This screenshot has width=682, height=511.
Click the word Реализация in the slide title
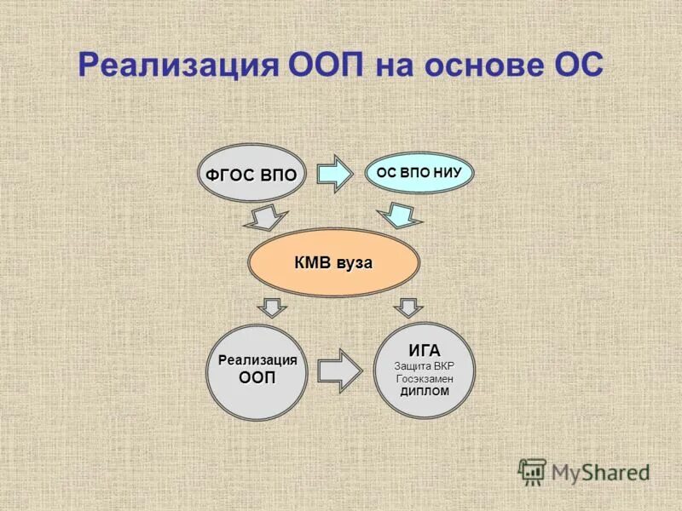coord(175,66)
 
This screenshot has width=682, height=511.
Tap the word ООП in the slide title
coord(321,66)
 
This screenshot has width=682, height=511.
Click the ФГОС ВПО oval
coord(251,175)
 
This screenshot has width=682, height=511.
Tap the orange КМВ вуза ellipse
coord(333,263)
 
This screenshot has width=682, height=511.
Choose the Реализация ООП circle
coord(257,371)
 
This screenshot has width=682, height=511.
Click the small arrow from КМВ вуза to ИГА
coord(408,306)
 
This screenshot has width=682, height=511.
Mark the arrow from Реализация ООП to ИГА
coord(340,370)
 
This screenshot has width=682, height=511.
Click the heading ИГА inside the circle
coord(424,351)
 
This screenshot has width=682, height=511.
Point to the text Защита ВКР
coord(424,365)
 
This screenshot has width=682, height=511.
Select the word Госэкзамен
coord(424,378)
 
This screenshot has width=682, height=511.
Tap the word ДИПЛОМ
coord(424,391)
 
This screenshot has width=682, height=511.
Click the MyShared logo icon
coord(533,472)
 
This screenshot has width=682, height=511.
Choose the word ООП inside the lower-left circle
coord(257,378)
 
